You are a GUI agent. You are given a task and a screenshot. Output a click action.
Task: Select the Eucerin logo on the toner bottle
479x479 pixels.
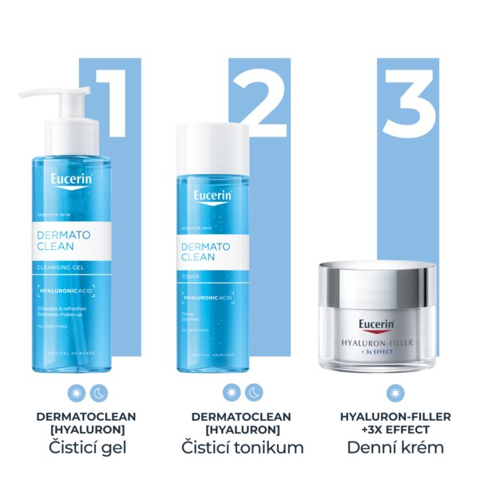pos(212,196)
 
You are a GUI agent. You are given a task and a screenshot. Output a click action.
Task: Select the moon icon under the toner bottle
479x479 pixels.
pos(253,393)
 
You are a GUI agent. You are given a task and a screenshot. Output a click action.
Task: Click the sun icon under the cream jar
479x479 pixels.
pos(394,393)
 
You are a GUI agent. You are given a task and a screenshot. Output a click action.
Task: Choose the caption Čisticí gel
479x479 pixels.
pos(76,447)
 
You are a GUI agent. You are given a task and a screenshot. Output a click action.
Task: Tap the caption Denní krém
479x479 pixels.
pos(395,447)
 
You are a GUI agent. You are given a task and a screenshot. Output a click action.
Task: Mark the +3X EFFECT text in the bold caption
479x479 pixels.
pos(395,430)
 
